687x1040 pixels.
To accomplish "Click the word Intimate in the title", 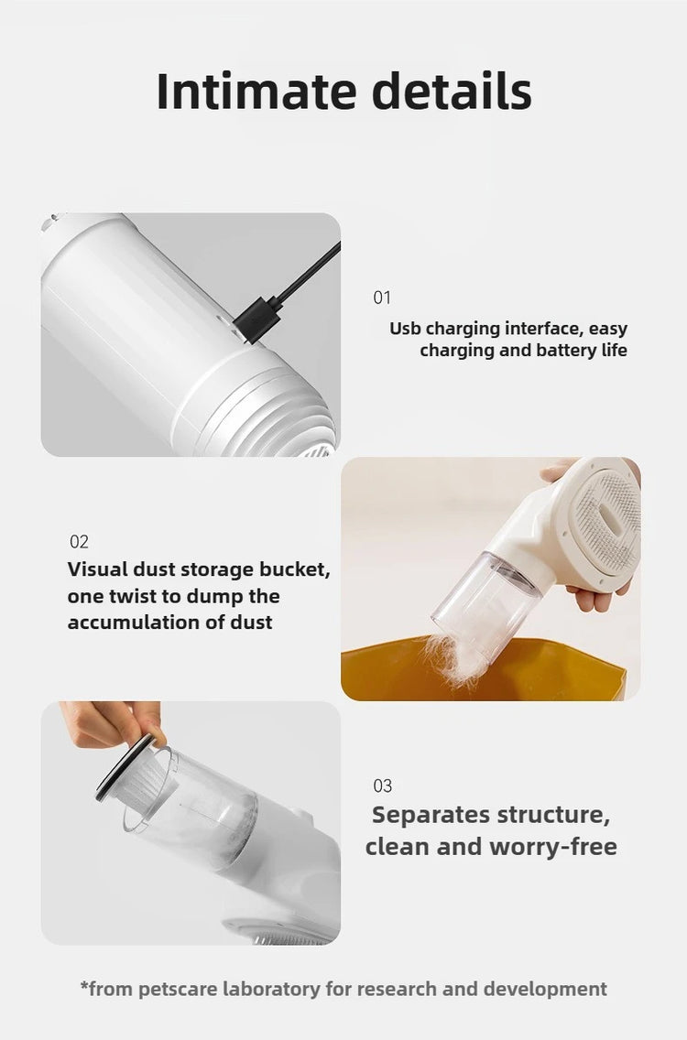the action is (x=256, y=91).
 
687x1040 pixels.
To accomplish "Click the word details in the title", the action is (x=452, y=91).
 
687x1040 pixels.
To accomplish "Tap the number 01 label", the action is (x=382, y=298).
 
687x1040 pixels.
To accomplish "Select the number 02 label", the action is (x=79, y=542).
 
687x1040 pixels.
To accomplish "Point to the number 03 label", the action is (x=382, y=786).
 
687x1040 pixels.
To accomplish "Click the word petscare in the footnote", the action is (x=179, y=989).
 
